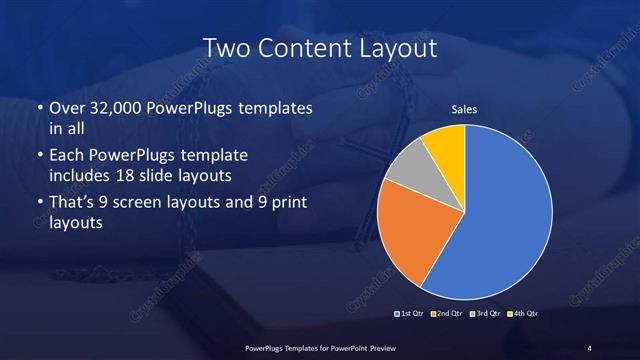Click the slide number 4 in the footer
point(589,347)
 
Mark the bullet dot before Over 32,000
point(38,107)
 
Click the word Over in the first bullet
point(67,107)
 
